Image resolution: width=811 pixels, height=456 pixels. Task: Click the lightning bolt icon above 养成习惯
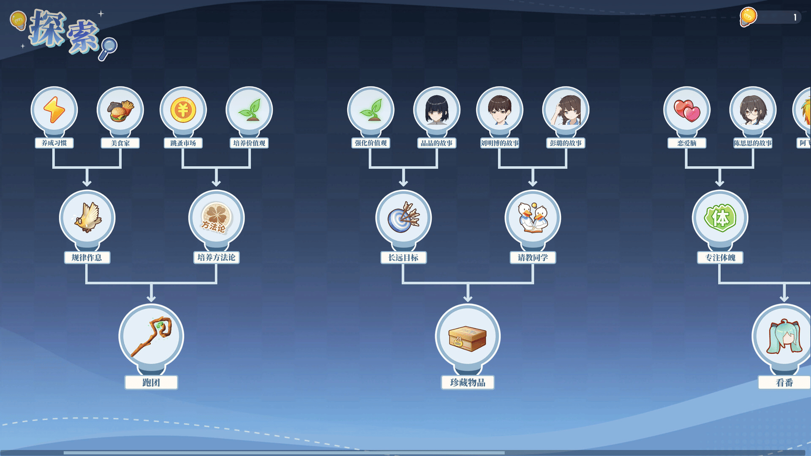[x=54, y=110]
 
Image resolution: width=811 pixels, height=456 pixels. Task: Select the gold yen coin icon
[x=183, y=110]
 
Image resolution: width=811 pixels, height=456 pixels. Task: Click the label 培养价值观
[x=249, y=143]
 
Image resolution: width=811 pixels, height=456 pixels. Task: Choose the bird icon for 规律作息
[x=87, y=218]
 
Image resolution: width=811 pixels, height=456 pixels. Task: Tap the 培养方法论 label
[x=216, y=258]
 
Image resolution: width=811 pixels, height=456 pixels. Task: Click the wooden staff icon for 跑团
[x=151, y=336]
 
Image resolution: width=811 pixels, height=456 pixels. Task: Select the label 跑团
[x=151, y=383]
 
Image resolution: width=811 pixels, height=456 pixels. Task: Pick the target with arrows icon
[x=403, y=217]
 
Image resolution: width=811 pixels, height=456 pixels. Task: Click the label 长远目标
[x=403, y=258]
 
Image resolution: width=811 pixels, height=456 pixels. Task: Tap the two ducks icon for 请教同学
[x=533, y=218]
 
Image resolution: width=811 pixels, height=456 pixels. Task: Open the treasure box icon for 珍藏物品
[x=468, y=338]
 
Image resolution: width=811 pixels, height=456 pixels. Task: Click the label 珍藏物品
[x=468, y=383]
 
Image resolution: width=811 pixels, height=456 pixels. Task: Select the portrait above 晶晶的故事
[x=437, y=110]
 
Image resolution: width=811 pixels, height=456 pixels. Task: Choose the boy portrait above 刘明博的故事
[x=500, y=110]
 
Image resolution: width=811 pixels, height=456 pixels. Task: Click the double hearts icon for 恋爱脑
[x=687, y=110]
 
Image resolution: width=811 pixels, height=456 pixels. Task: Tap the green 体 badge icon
[x=720, y=218]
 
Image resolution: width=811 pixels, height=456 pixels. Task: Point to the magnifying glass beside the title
[x=108, y=48]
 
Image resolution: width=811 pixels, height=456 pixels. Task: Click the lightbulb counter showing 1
[x=770, y=17]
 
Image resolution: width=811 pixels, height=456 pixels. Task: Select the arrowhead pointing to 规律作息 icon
[x=87, y=182]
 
